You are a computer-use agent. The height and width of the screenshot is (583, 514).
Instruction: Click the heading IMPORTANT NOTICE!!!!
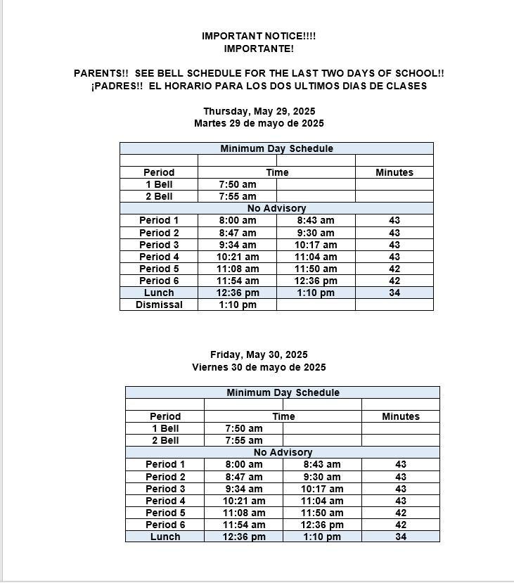(x=259, y=36)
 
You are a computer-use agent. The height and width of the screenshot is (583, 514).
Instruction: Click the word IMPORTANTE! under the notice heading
(x=259, y=49)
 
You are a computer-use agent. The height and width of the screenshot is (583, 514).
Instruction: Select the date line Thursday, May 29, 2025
(x=259, y=111)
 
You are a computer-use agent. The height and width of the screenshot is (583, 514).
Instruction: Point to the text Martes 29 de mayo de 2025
(x=259, y=123)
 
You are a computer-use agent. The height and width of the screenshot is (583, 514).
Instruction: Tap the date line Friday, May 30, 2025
(x=259, y=354)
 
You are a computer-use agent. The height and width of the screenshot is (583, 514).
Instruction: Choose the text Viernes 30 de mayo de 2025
(x=259, y=367)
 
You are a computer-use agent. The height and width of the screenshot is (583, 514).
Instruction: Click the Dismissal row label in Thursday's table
(x=159, y=305)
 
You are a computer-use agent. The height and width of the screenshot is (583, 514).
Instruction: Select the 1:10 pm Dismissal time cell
(x=238, y=305)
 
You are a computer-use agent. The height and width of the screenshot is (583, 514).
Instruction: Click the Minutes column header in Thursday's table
(x=394, y=172)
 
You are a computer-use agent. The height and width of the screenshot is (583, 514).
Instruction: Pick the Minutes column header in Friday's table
(x=401, y=416)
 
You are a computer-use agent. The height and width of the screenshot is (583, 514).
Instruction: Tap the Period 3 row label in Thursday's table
(x=159, y=245)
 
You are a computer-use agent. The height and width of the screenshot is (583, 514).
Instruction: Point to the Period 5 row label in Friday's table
(x=165, y=513)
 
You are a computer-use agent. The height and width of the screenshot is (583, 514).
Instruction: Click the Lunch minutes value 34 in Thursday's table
(x=394, y=293)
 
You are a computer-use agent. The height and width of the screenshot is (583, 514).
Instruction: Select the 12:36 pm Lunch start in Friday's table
(x=244, y=537)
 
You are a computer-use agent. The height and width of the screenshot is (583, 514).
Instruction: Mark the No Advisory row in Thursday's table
(x=276, y=208)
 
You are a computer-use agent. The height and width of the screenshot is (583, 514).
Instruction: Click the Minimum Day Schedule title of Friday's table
(x=283, y=392)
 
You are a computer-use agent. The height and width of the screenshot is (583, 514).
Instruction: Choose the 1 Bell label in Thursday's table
(x=159, y=184)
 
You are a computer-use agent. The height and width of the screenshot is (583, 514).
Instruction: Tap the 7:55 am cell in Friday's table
(x=244, y=440)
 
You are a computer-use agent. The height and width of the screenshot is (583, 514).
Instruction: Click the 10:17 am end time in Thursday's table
(x=316, y=245)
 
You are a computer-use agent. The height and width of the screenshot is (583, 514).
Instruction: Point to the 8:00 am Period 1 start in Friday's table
(x=244, y=464)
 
